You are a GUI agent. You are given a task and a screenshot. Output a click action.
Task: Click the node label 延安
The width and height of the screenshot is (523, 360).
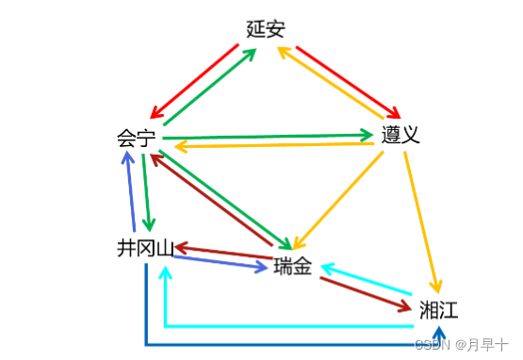pos(265,29)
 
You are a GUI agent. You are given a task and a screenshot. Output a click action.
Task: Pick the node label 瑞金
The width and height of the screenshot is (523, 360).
pos(292,267)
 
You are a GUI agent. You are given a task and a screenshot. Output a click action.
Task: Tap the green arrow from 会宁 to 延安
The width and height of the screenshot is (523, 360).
pos(209,86)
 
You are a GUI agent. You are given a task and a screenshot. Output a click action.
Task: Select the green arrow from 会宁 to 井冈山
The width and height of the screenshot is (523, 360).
pos(146,193)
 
